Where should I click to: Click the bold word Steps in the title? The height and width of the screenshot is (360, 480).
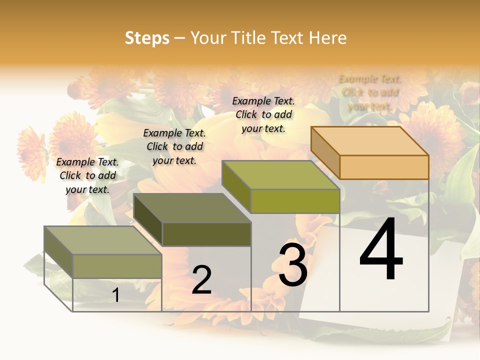pos(147,38)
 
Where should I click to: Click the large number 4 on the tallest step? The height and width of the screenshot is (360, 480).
pos(381,250)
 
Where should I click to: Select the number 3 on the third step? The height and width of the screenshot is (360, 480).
pos(293,264)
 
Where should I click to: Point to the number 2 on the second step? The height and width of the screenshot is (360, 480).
pos(201,280)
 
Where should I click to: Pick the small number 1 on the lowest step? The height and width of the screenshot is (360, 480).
pos(115,295)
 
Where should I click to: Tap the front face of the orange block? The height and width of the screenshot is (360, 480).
pos(384,167)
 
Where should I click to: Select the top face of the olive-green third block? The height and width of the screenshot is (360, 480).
pos(280,175)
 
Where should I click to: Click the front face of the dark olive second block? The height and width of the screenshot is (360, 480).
pos(206,234)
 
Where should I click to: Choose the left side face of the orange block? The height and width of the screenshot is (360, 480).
pos(325,152)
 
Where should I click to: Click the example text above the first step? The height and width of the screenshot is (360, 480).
pos(87,175)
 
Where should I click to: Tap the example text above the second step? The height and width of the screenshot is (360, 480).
pos(174,146)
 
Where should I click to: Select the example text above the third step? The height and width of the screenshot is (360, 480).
pos(263,114)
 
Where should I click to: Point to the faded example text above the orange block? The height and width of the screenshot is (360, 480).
pos(370,92)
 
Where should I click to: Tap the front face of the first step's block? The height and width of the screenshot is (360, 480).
pos(117,266)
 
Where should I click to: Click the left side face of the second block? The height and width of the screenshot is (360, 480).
pos(148,220)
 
